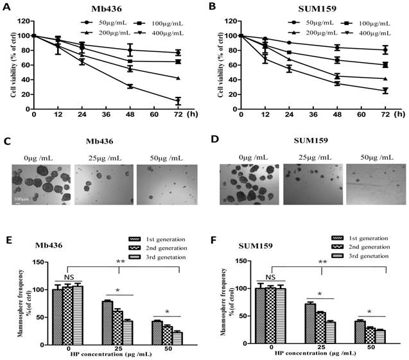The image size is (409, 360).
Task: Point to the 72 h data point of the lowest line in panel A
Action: [178, 101]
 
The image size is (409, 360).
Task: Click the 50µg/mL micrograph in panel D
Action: [374, 187]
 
